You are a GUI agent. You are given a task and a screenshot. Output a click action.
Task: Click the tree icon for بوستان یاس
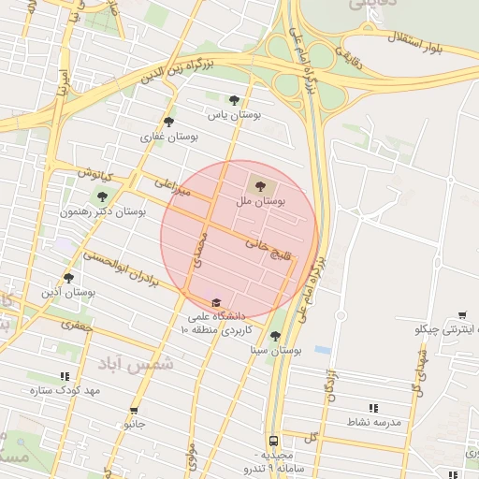(x=234, y=99)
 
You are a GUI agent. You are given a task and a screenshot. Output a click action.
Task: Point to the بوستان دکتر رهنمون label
(x=103, y=212)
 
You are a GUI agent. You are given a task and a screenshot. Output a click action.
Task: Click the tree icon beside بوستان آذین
(x=67, y=277)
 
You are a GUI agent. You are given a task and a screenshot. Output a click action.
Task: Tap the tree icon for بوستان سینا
(x=274, y=336)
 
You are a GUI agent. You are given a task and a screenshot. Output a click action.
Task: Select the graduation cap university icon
(x=217, y=302)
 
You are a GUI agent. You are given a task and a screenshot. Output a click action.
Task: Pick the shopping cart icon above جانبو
(x=134, y=410)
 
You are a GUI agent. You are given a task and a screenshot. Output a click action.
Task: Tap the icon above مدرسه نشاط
(x=373, y=408)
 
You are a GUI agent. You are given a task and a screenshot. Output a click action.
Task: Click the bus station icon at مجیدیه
(x=273, y=440)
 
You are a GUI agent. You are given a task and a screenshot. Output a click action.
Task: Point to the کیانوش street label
(x=96, y=176)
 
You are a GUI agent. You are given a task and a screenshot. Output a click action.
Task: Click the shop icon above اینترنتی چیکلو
(x=462, y=315)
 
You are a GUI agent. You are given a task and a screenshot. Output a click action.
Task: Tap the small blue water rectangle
(x=323, y=350)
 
